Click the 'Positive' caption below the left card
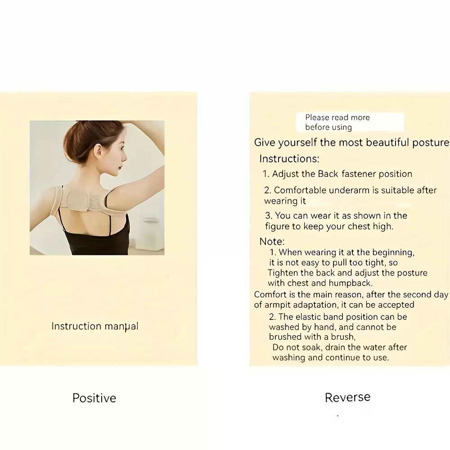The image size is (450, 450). pos(94,398)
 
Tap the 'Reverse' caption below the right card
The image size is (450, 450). pos(347,397)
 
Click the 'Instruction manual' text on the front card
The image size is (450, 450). pos(94,326)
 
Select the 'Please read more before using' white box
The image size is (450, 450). pos(350,122)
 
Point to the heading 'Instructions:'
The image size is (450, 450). pos(289,159)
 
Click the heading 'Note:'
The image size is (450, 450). pos(272,241)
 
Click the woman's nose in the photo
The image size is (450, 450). pos(125,157)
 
